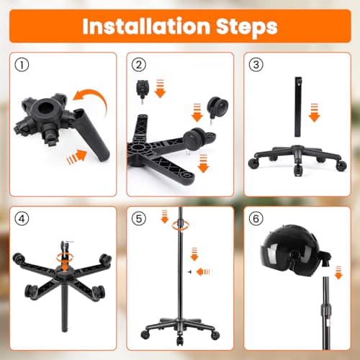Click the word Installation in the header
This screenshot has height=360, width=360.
(146, 26)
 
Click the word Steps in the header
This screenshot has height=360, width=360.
(247, 27)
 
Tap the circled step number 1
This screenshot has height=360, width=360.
(22, 65)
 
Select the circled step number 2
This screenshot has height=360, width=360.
(139, 65)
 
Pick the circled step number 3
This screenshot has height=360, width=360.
(256, 65)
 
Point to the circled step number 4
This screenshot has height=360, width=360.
(22, 219)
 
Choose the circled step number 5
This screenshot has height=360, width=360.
(139, 219)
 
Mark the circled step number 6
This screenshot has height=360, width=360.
(256, 219)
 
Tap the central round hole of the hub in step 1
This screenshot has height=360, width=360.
(45, 109)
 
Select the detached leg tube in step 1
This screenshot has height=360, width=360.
(92, 135)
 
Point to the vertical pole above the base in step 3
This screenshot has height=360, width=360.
(298, 107)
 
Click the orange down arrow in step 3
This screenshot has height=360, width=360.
(314, 112)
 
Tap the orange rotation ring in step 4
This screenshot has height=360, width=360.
(65, 257)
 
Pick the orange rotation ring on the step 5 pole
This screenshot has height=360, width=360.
(181, 225)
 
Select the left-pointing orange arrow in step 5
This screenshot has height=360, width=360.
(203, 272)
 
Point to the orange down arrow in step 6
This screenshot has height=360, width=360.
(338, 272)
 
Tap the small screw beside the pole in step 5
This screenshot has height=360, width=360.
(190, 271)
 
